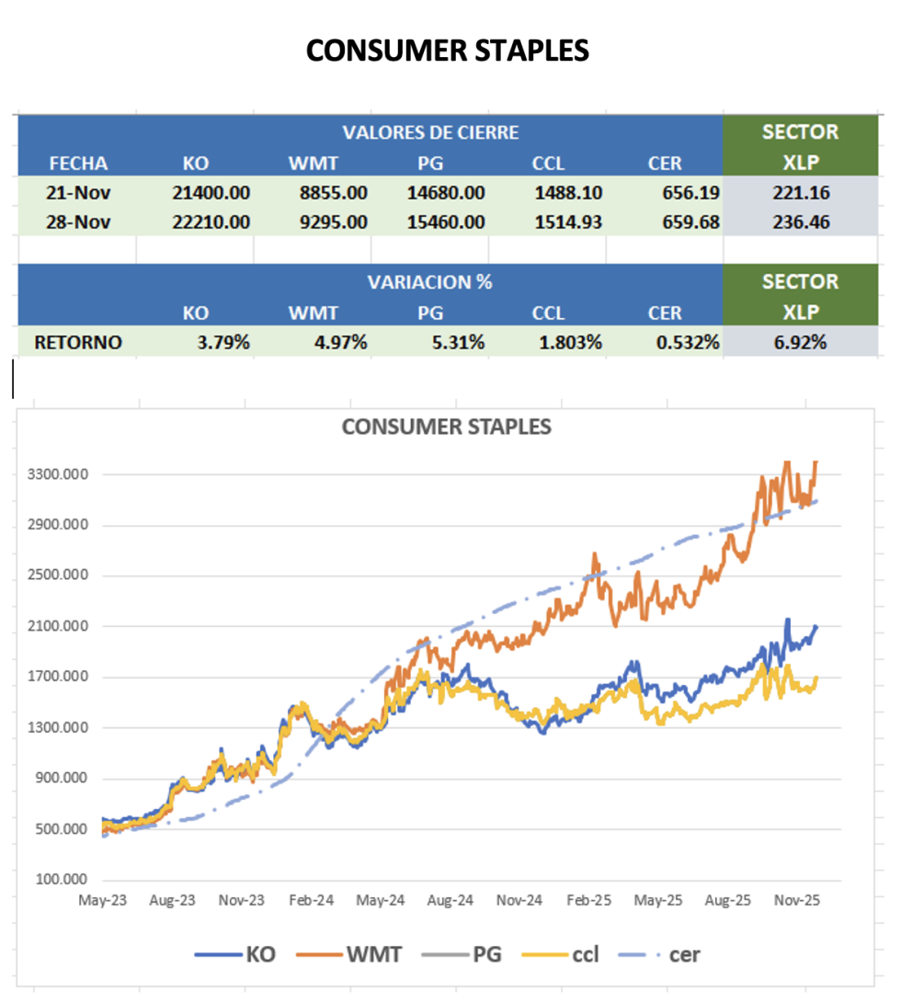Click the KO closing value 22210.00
pos(211,222)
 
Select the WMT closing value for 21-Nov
pos(328,193)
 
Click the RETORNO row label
pos(78,343)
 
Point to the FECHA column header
pos(78,164)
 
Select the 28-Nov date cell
pos(78,222)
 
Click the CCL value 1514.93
pos(565,222)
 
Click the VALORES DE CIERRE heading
pos(430,132)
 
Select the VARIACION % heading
pos(430,282)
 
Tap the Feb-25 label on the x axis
pos(588,901)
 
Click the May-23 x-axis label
pos(103,901)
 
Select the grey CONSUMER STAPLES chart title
pos(447,427)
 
